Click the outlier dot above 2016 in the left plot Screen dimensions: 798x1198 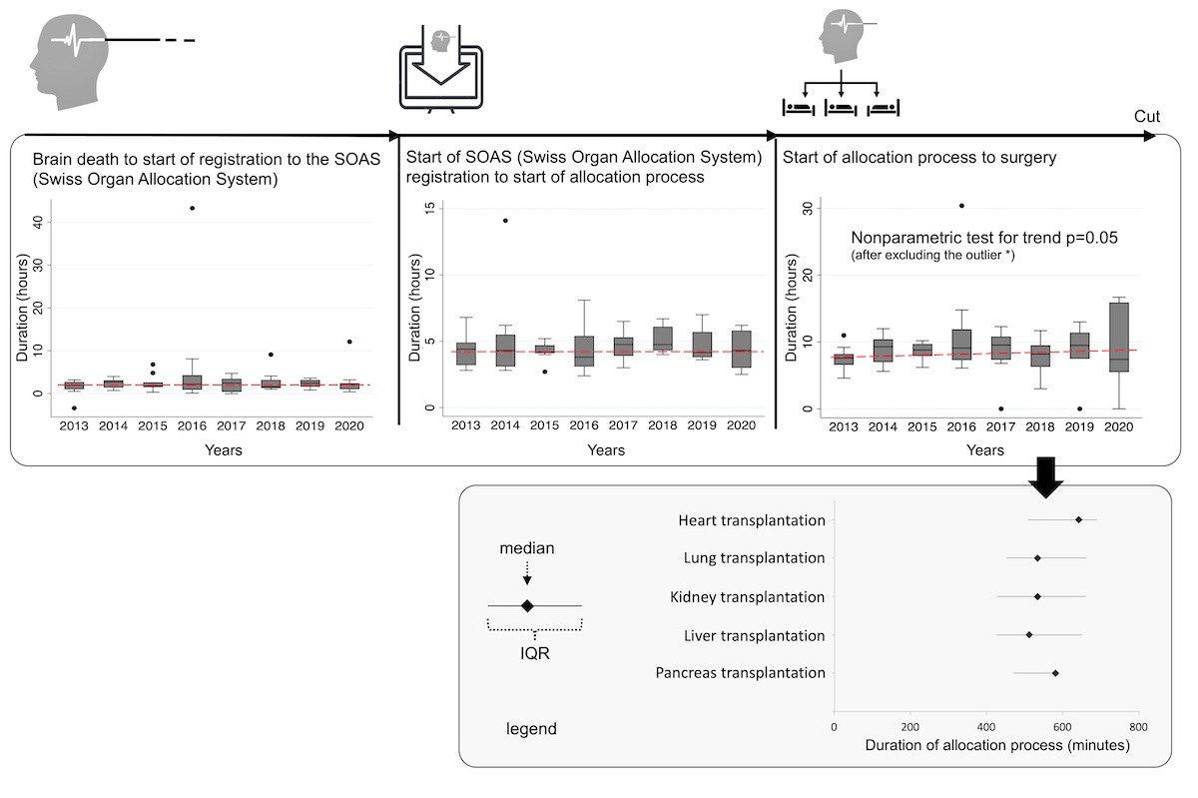(192, 208)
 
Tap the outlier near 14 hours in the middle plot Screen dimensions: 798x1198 (505, 220)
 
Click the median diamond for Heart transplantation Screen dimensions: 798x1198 (1079, 519)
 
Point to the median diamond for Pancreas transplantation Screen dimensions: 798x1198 (1055, 673)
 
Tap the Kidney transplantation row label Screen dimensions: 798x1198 (748, 597)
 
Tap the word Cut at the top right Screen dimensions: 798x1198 (1147, 117)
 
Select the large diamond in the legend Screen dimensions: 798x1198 (527, 605)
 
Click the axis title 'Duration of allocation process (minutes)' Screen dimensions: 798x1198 (996, 745)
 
